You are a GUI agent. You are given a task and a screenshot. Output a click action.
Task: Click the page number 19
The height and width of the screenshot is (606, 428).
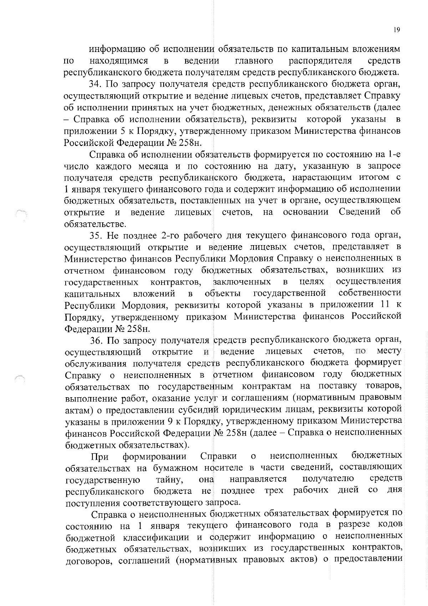pos(396,30)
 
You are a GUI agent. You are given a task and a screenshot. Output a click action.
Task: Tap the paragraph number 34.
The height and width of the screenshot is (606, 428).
pos(95,85)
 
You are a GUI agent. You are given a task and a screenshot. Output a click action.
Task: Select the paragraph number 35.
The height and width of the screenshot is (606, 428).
pos(95,236)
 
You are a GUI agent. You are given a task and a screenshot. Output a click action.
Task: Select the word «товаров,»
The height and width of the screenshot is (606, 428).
pos(384,386)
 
